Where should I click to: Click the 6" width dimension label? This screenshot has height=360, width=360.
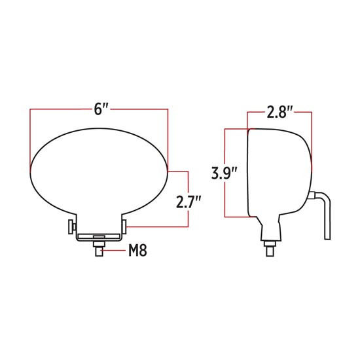pyautogui.click(x=101, y=109)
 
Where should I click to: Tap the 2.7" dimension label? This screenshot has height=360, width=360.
pyautogui.click(x=188, y=202)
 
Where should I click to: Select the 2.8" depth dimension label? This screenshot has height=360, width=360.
pyautogui.click(x=279, y=112)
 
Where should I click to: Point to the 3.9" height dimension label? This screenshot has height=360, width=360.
pyautogui.click(x=225, y=173)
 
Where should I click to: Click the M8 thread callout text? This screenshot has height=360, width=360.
pyautogui.click(x=137, y=250)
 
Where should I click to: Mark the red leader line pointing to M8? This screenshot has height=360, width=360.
pyautogui.click(x=114, y=250)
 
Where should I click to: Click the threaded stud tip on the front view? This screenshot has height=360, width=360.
pyautogui.click(x=99, y=252)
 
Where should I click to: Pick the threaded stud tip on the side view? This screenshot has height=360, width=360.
pyautogui.click(x=270, y=251)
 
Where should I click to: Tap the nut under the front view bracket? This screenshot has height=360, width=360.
pyautogui.click(x=99, y=245)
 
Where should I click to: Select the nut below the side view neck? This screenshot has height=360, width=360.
pyautogui.click(x=270, y=244)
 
